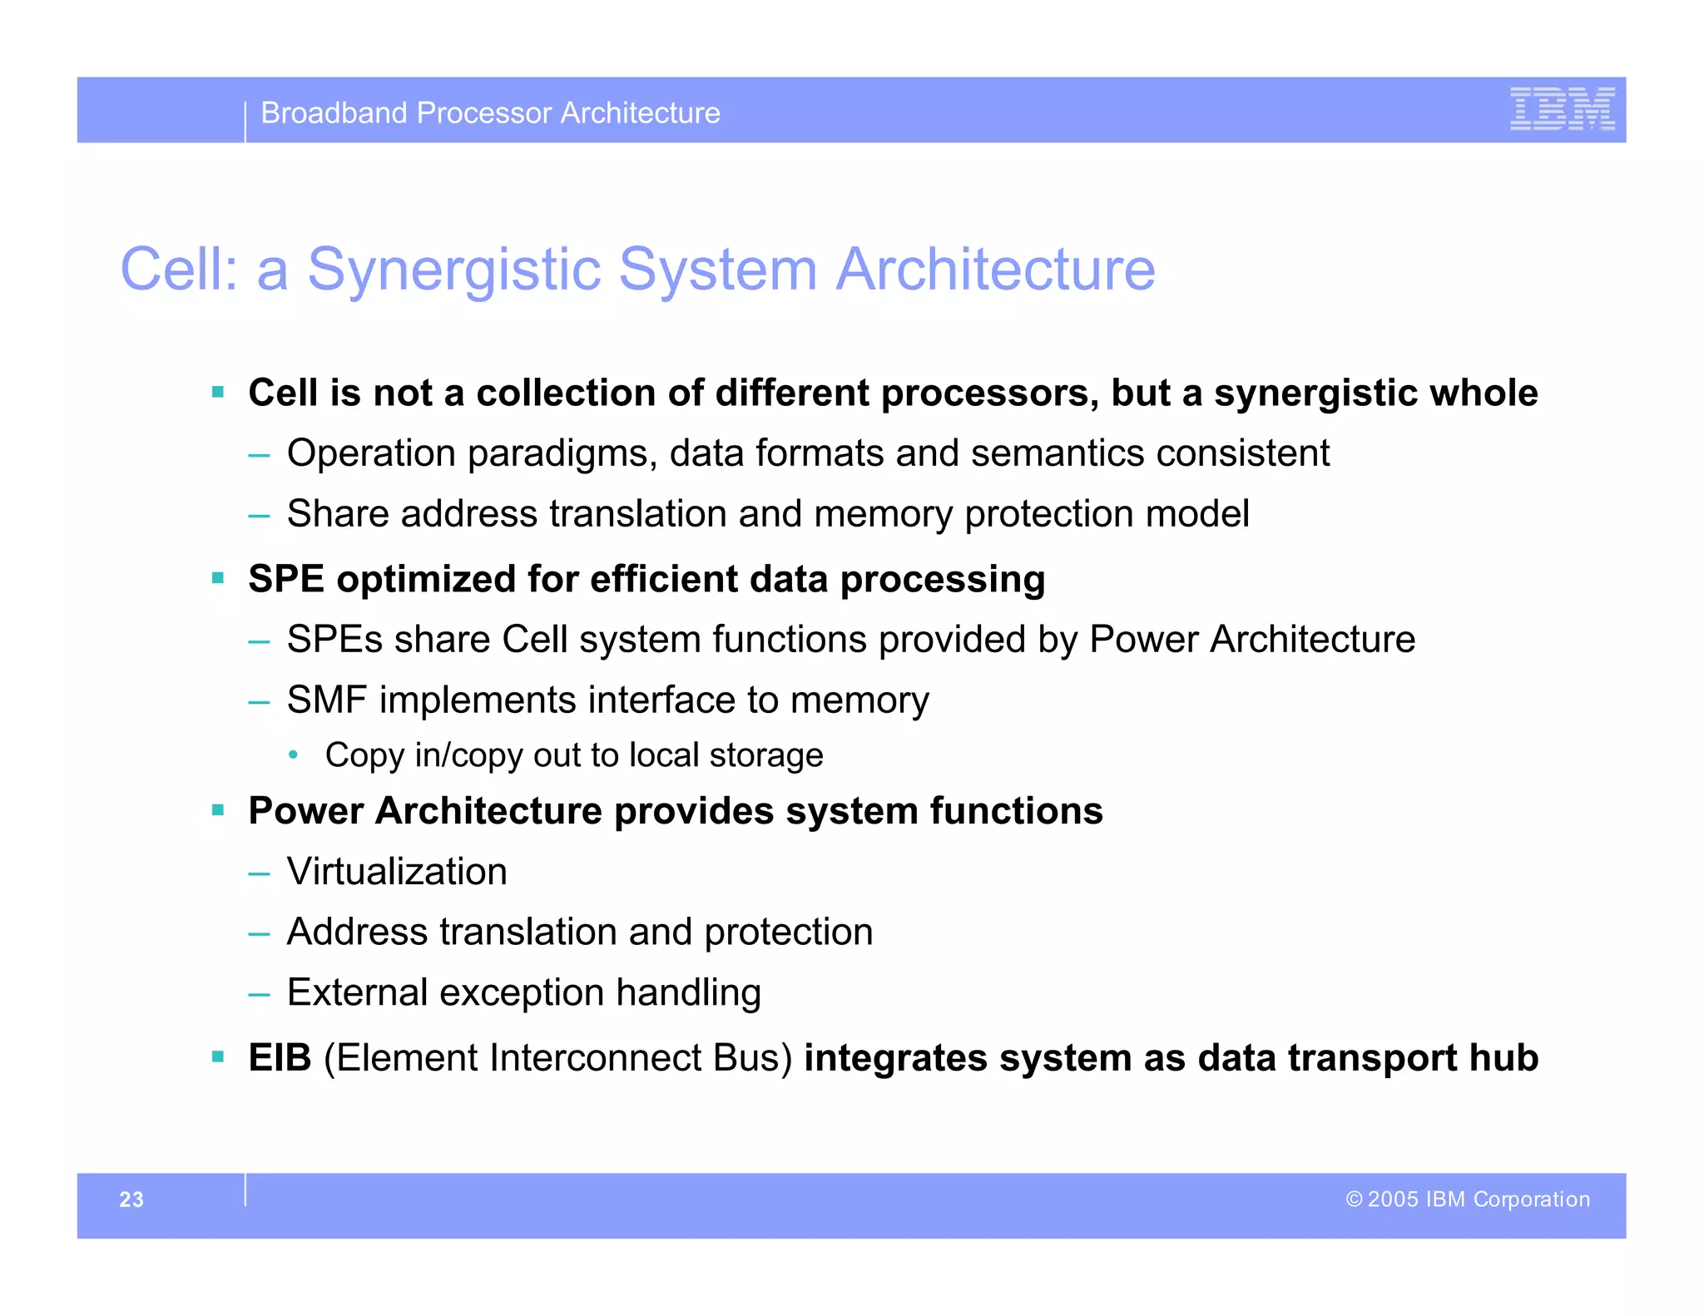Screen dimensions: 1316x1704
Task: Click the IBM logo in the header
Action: [x=1562, y=109]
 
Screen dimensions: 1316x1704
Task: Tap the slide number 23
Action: [x=131, y=1200]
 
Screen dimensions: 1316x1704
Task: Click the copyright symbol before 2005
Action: [x=1354, y=1200]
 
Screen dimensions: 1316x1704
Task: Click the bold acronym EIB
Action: [x=280, y=1058]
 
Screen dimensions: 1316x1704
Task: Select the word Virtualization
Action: [x=397, y=872]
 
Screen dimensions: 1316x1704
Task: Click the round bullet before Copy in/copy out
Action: [x=293, y=755]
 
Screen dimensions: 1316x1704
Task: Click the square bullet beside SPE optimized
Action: [x=218, y=578]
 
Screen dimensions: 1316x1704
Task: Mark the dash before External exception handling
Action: [x=259, y=994]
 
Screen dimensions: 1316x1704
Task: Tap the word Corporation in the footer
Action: [x=1531, y=1200]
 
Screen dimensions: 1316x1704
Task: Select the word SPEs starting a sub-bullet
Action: [x=334, y=640]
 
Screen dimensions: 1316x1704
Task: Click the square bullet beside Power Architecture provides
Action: [x=218, y=810]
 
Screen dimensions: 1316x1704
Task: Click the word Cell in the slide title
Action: [x=176, y=270]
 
